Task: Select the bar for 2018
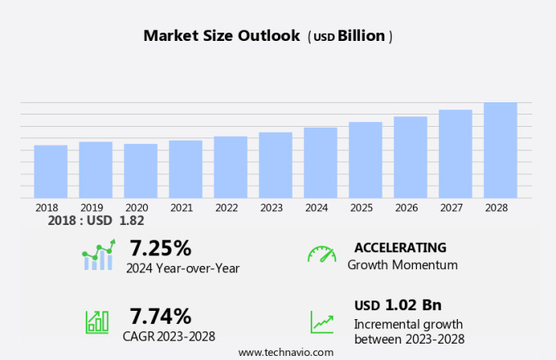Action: (x=51, y=172)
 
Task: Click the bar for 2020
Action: (x=141, y=171)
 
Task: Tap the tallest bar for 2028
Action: (x=500, y=151)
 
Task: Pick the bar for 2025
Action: (x=365, y=160)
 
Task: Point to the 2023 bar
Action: (x=276, y=165)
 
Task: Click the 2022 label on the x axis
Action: (x=226, y=208)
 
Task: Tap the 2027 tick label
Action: (x=451, y=208)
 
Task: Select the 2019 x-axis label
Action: (x=92, y=208)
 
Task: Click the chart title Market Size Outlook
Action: (x=222, y=36)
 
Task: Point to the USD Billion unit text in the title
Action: (x=351, y=37)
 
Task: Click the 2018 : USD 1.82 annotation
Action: (x=96, y=221)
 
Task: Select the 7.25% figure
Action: (x=159, y=248)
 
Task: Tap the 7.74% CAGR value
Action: (x=160, y=316)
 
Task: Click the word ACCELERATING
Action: (x=400, y=247)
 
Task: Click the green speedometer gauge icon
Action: (x=321, y=254)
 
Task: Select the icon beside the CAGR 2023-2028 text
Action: (x=97, y=322)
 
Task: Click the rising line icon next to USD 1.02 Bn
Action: (x=322, y=322)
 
